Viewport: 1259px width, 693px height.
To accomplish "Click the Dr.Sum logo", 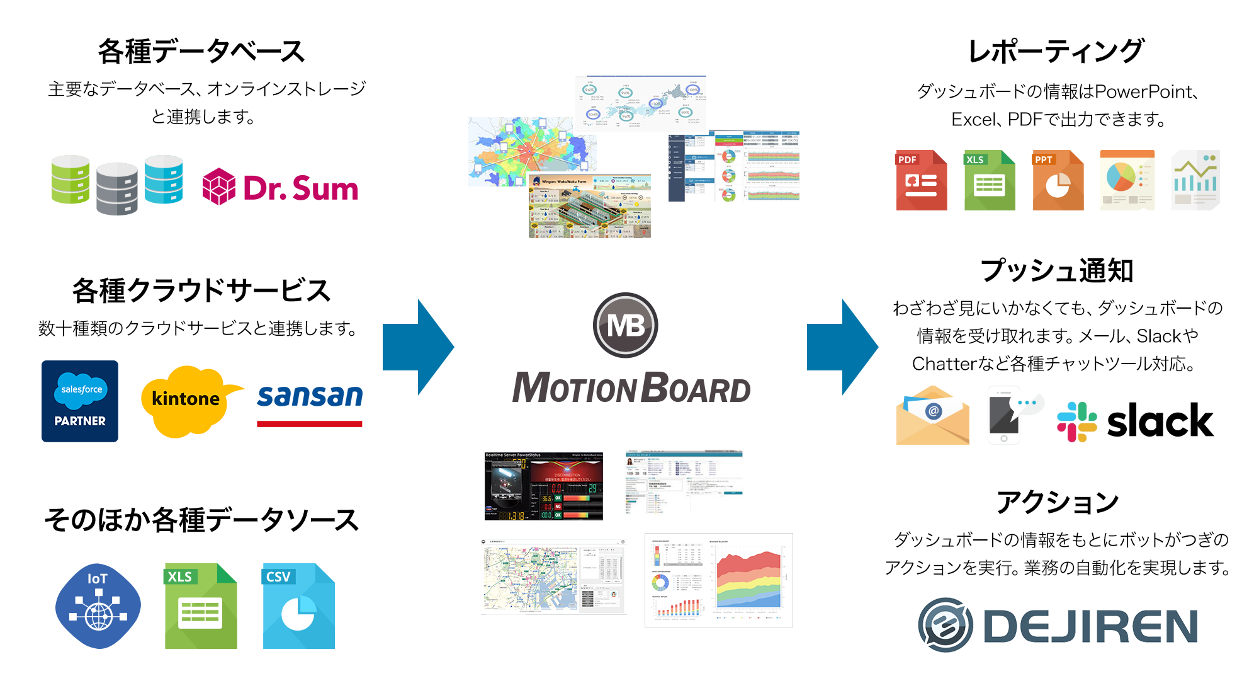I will (x=280, y=187).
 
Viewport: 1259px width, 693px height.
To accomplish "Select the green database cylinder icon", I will (x=70, y=180).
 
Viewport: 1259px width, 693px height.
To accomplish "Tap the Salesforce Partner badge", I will (x=80, y=401).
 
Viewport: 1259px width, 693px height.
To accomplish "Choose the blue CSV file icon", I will (x=298, y=606).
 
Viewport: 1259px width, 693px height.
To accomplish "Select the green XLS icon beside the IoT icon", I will (x=201, y=606).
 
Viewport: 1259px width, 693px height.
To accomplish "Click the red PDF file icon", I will (x=921, y=180).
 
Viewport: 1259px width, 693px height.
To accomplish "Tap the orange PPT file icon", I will (x=1058, y=180).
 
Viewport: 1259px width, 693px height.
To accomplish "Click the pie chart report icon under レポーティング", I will (x=1127, y=180).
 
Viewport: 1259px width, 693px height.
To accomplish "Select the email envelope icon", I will (x=932, y=416).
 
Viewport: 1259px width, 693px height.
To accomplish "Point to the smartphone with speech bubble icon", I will (x=1010, y=415).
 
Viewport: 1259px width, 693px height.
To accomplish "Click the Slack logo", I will (x=1135, y=421).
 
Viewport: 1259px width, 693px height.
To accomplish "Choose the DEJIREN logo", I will (x=1058, y=625).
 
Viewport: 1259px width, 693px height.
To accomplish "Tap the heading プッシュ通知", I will (x=1057, y=271).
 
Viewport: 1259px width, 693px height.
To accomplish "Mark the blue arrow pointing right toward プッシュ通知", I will (x=840, y=346).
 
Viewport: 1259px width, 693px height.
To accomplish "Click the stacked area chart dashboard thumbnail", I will (x=718, y=580).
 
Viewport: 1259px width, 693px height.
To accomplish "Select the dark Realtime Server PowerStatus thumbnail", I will (x=543, y=486).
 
